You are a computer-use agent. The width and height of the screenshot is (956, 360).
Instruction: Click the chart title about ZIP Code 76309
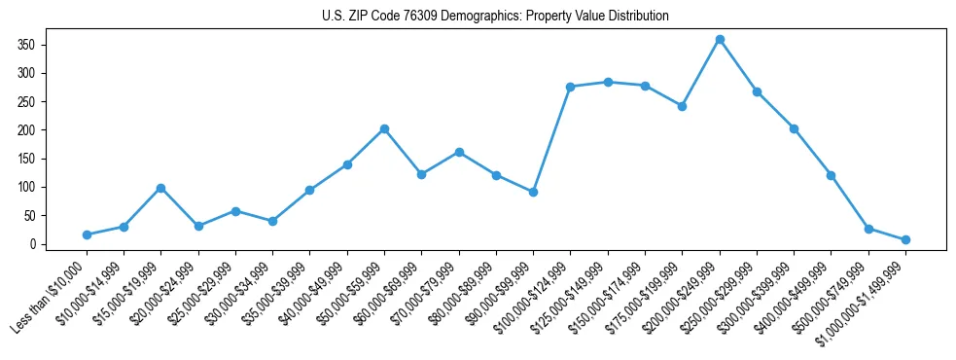(x=495, y=17)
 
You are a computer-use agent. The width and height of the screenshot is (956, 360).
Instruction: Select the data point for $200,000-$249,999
(x=720, y=40)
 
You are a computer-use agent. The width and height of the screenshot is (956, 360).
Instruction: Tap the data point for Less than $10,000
(x=87, y=234)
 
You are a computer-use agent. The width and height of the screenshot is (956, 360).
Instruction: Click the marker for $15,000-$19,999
(x=161, y=188)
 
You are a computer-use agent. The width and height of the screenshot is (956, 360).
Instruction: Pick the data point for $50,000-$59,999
(x=385, y=128)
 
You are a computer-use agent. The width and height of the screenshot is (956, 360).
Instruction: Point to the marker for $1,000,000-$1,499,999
(x=905, y=239)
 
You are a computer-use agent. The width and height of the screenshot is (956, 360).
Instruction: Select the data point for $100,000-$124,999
(x=571, y=87)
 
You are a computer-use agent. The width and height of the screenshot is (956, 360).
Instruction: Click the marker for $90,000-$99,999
(x=534, y=192)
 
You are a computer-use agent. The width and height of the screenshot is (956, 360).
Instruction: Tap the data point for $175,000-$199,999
(x=683, y=106)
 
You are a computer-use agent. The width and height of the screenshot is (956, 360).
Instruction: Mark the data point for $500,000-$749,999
(x=868, y=229)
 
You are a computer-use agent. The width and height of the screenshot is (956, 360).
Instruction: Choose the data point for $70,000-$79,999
(x=459, y=152)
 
